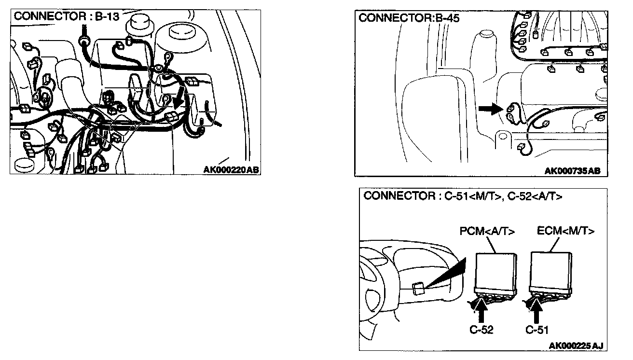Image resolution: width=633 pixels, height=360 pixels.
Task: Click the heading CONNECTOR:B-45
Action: click(409, 18)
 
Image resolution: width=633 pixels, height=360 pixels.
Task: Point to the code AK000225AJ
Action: click(576, 346)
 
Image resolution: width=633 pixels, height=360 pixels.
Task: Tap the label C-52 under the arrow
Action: click(481, 330)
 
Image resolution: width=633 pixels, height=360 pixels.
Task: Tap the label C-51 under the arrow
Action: click(537, 330)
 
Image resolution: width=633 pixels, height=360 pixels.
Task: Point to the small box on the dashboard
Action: click(418, 288)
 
